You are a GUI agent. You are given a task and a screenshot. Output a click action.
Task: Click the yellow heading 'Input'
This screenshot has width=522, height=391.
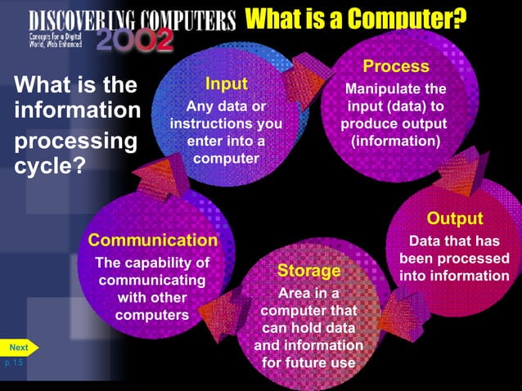(x=226, y=84)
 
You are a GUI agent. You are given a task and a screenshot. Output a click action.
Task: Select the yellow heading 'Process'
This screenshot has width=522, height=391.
(x=396, y=66)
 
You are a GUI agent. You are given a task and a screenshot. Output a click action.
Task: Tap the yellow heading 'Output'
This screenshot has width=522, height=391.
(x=455, y=218)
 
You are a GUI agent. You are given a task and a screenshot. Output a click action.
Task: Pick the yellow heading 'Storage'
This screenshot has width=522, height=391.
(x=308, y=270)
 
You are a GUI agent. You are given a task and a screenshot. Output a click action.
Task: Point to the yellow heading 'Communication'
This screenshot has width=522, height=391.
(x=153, y=240)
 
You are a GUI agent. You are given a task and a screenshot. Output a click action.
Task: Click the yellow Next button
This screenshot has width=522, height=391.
(x=19, y=348)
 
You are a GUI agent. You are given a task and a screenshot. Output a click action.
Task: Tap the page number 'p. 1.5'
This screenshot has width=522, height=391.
(x=14, y=362)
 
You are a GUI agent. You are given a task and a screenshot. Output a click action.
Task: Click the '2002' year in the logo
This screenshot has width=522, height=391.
(x=135, y=39)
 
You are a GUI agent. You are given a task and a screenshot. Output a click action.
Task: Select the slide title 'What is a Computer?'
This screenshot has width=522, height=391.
(x=357, y=17)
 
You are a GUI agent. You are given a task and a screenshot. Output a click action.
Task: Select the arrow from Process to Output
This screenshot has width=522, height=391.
(x=452, y=175)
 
